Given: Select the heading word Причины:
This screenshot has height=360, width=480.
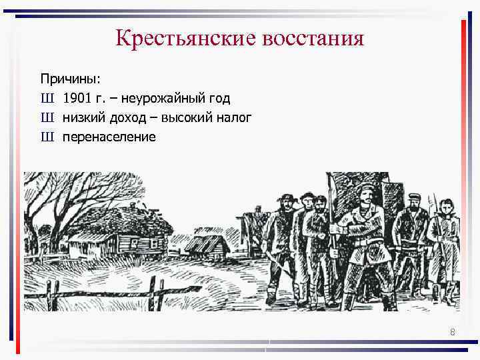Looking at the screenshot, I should click(70, 79).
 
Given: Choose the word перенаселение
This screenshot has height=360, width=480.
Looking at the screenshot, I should click(109, 137).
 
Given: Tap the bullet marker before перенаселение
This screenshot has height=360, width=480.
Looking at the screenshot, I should click(47, 137).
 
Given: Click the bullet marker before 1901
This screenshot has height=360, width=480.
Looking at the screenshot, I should click(47, 99).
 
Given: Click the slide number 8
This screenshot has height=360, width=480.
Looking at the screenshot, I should click(453, 332).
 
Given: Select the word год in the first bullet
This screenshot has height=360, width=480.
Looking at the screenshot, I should click(218, 99).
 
